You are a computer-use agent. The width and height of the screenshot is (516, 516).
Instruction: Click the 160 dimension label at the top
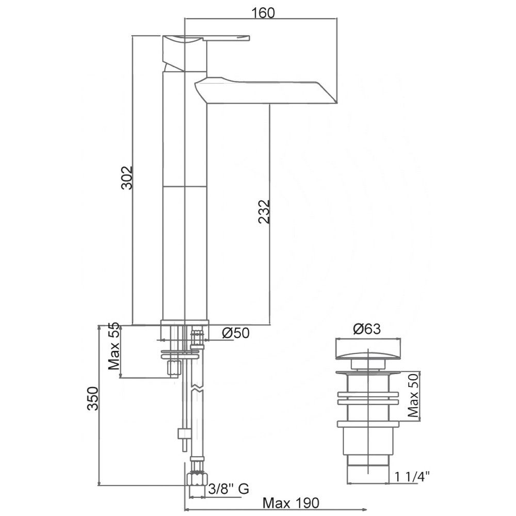tap(264, 12)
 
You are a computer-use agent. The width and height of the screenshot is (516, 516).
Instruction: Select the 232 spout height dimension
tap(264, 212)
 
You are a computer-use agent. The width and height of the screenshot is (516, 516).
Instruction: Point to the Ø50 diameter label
tap(236, 333)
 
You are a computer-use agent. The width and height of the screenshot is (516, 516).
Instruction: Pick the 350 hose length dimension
tap(92, 398)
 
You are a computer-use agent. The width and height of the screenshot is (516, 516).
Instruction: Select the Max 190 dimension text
tap(291, 503)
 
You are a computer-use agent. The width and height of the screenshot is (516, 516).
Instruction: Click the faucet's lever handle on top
tap(206, 39)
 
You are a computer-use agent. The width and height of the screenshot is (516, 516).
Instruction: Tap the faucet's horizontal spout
tap(268, 91)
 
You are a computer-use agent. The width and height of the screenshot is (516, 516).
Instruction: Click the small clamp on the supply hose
tap(183, 432)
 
